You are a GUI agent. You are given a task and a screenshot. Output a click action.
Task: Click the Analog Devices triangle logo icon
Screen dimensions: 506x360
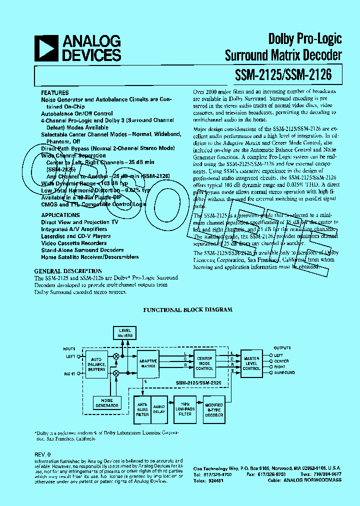[48, 48]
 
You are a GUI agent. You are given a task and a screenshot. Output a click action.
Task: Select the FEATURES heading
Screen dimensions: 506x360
[54, 93]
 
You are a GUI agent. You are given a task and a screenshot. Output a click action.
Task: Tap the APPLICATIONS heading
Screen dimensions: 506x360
[60, 215]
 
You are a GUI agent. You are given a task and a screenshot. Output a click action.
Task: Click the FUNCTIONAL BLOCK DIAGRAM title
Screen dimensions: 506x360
[187, 310]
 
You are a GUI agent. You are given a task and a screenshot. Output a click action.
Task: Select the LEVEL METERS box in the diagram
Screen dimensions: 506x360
[125, 332]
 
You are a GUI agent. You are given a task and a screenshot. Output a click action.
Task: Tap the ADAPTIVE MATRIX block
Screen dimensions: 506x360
[148, 363]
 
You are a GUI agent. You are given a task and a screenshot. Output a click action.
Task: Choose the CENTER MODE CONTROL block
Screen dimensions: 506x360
[204, 363]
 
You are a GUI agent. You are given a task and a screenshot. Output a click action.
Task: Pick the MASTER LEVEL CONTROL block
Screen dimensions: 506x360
[251, 363]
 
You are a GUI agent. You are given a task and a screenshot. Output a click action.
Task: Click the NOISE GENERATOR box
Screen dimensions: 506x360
[107, 402]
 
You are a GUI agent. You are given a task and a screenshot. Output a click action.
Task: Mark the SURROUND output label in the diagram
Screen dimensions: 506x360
[284, 372]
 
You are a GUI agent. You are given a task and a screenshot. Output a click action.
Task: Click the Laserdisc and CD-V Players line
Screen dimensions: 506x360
[75, 236]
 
